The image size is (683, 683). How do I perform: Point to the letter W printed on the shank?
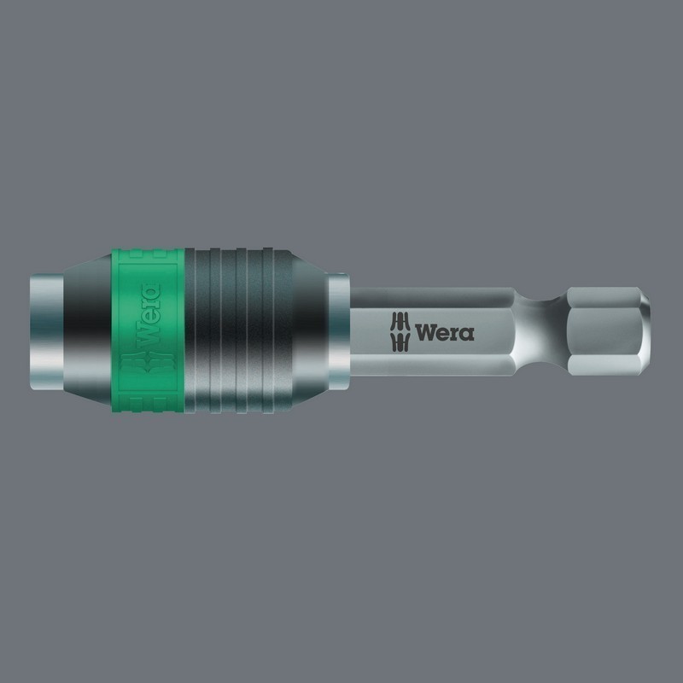(x=426, y=331)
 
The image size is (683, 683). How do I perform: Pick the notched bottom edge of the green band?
(x=149, y=406)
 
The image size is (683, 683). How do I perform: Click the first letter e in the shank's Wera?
(x=444, y=332)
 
